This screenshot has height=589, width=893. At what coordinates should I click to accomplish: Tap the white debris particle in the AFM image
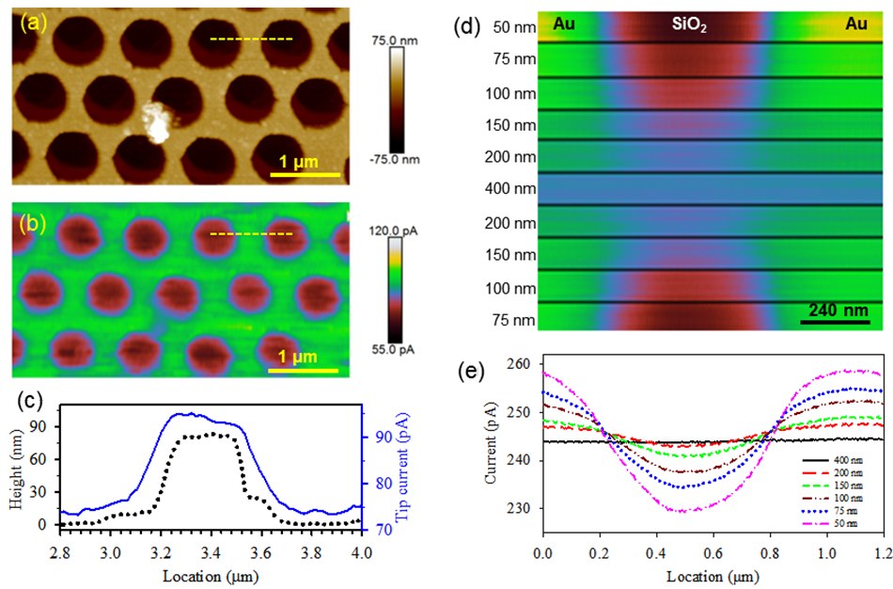coord(157,122)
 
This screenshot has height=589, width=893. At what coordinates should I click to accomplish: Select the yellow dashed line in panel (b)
coord(250,233)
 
